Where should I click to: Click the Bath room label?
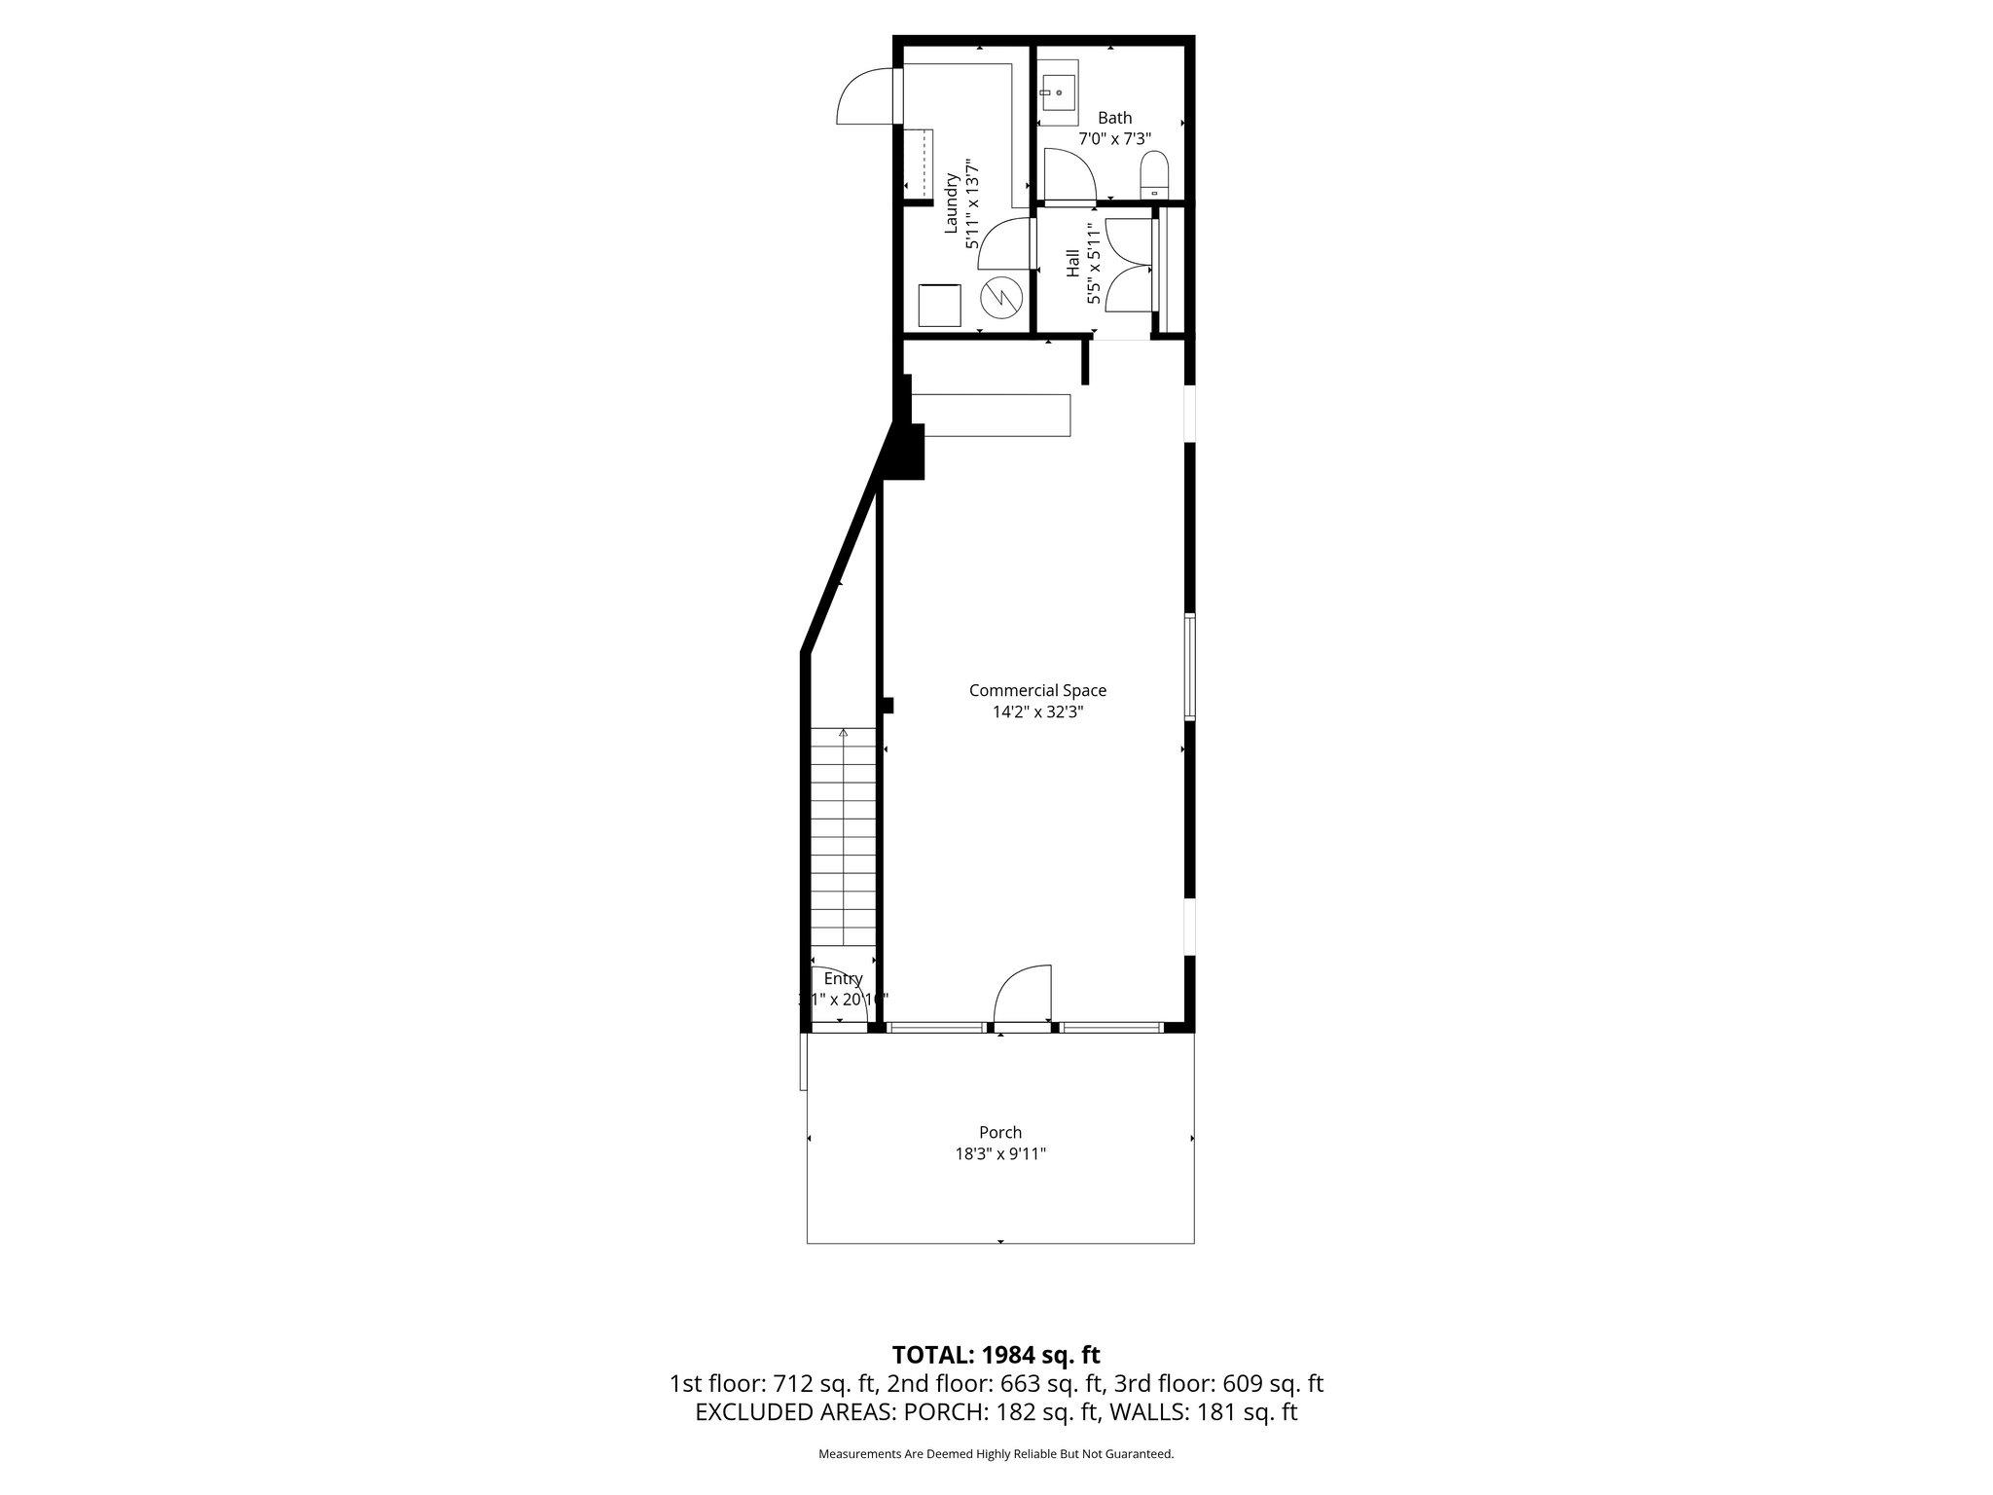[x=1114, y=118]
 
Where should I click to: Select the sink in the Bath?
[x=1057, y=92]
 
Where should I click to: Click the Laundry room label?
[x=952, y=203]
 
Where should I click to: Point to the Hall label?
[x=1072, y=263]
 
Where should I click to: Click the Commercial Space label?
[x=1037, y=690]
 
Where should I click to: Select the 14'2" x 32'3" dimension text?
[x=1037, y=711]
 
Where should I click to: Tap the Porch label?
[x=1000, y=1132]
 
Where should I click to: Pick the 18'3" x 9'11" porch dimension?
[x=1000, y=1154]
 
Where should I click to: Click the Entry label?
[x=843, y=978]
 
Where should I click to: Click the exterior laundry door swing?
[x=862, y=95]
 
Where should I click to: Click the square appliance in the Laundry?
[x=940, y=305]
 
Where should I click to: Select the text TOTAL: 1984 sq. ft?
[x=996, y=1354]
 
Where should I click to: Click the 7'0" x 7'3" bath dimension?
[x=1114, y=139]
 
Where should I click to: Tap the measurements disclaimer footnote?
[x=996, y=1454]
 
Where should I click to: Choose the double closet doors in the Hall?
[x=1129, y=265]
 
